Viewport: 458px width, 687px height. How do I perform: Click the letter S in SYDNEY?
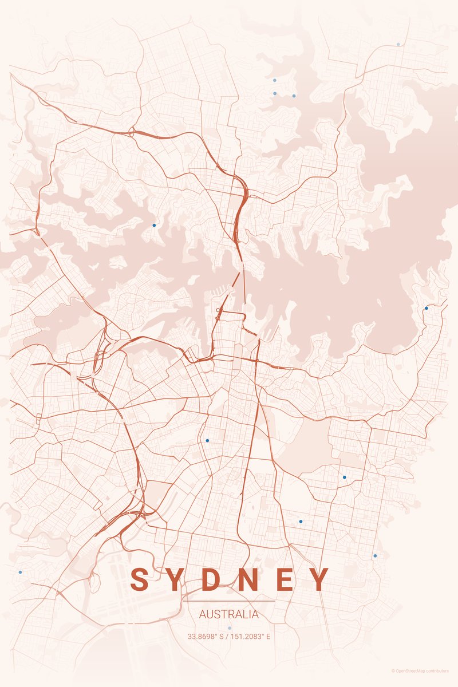139,579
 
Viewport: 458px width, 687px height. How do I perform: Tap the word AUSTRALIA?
229,615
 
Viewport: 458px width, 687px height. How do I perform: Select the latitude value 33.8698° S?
206,636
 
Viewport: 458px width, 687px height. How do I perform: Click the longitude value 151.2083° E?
251,636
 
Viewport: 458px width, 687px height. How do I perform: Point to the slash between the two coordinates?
227,636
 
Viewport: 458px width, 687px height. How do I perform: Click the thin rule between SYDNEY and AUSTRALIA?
229,601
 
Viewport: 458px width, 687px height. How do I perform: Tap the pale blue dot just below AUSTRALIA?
230,628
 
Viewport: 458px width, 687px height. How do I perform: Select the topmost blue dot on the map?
398,44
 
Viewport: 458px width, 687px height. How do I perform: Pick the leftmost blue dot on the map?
20,572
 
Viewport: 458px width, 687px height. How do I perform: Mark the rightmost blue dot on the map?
426,308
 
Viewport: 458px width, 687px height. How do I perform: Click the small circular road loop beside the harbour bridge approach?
218,310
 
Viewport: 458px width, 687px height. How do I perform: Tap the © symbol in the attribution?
393,671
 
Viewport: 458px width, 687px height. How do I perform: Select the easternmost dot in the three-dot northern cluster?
294,96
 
